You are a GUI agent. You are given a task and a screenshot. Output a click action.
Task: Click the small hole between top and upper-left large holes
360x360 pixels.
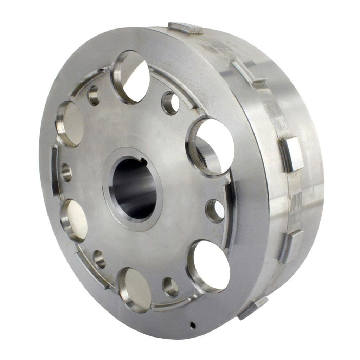click(x=94, y=95)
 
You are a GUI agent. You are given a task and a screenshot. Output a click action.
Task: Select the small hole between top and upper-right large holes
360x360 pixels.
click(x=171, y=103)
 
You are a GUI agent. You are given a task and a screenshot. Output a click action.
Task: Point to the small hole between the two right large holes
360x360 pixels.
click(x=215, y=211)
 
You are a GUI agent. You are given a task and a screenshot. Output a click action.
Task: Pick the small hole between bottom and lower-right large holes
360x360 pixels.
click(x=171, y=287)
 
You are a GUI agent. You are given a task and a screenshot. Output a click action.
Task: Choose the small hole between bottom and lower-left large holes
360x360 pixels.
click(x=99, y=259)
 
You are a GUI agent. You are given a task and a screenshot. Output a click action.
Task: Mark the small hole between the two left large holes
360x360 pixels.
click(x=66, y=172)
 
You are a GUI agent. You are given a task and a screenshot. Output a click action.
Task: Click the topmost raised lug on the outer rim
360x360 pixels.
click(x=185, y=28)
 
